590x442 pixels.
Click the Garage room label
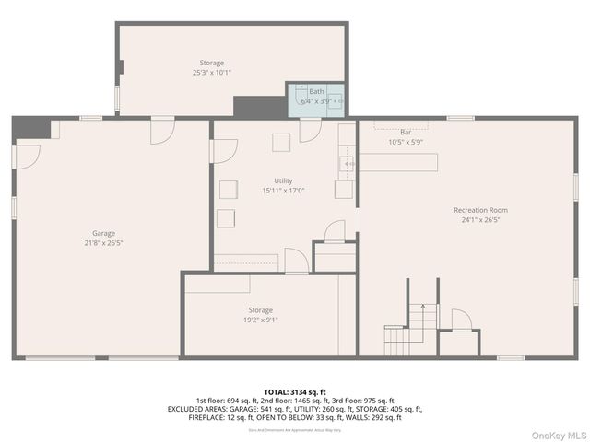point(103,233)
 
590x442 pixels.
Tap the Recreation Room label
point(485,210)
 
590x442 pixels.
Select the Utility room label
point(284,180)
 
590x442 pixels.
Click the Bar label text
point(406,132)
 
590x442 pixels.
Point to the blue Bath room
point(316,98)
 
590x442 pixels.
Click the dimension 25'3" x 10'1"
point(212,72)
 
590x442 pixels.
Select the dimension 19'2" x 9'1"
point(260,320)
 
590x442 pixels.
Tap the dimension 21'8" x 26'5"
point(103,243)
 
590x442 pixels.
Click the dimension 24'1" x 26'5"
point(485,220)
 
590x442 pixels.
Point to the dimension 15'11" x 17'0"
point(284,191)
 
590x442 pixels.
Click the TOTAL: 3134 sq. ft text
point(295,391)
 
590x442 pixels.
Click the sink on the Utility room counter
point(348,165)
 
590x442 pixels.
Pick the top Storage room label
point(212,63)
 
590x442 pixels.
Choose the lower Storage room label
point(260,310)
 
